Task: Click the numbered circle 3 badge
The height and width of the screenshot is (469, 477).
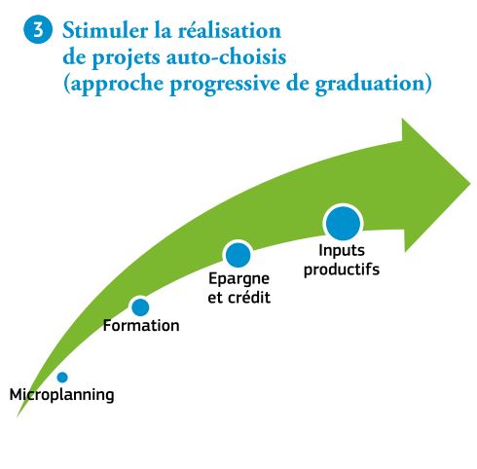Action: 38,29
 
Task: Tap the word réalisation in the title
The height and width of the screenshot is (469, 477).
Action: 230,31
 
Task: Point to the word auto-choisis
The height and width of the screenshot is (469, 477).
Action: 227,57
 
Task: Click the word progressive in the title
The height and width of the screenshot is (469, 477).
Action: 225,85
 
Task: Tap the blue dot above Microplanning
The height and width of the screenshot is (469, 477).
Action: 62,378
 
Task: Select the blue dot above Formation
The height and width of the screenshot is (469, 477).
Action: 140,307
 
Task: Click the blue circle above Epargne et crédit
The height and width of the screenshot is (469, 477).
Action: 238,255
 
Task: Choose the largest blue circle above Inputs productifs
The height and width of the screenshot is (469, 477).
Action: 343,224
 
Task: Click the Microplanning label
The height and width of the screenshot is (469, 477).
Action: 62,395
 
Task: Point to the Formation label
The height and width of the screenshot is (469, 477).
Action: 141,326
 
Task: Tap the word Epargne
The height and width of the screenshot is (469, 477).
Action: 238,279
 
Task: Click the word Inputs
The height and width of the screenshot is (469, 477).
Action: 342,251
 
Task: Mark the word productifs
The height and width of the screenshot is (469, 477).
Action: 342,270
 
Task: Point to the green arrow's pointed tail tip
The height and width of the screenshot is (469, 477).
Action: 18,416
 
